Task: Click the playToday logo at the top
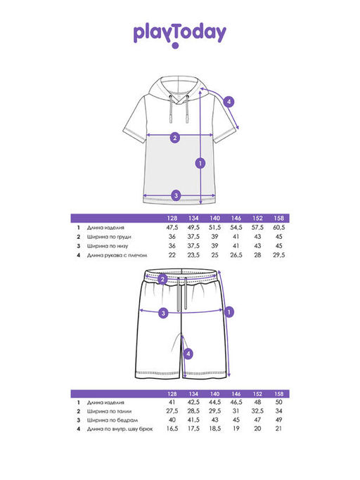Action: click(180, 35)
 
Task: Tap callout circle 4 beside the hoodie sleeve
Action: click(229, 102)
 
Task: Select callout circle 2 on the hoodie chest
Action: click(175, 138)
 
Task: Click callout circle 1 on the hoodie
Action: click(200, 163)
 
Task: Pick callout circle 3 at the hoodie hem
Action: click(176, 195)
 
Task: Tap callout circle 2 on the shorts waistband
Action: click(162, 279)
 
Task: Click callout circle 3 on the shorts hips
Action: click(163, 313)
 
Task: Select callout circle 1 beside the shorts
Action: click(229, 312)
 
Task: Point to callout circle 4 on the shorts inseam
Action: click(188, 354)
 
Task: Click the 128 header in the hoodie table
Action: click(172, 219)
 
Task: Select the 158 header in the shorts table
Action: click(279, 394)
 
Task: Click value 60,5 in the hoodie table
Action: click(279, 228)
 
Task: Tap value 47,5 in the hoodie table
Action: click(172, 228)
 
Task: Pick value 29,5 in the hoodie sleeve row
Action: click(279, 255)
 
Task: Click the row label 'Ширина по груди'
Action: click(109, 237)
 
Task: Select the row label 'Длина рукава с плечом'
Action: click(117, 255)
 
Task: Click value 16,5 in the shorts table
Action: click(172, 429)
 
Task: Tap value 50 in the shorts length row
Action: click(279, 402)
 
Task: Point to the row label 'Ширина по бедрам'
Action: click(112, 420)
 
